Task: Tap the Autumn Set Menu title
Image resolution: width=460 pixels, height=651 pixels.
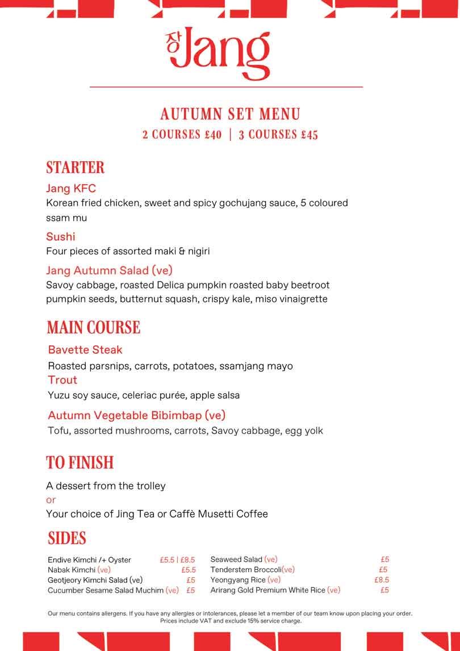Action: (230, 114)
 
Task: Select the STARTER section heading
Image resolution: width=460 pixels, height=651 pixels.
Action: (75, 168)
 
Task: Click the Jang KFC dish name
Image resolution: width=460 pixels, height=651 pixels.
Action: (71, 189)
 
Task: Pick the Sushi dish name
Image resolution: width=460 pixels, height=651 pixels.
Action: (60, 236)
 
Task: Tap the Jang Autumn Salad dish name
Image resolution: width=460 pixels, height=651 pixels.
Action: (109, 270)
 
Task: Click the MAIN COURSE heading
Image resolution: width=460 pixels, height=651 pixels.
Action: (93, 328)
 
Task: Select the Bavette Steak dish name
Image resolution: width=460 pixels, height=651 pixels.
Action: (85, 349)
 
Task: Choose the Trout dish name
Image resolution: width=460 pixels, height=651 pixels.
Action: (62, 379)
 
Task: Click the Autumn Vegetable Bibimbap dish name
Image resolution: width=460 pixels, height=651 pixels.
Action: (137, 415)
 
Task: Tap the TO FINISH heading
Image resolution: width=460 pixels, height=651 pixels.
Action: (80, 463)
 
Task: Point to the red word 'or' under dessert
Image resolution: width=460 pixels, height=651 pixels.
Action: (51, 500)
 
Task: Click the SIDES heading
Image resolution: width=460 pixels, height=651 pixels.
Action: (67, 538)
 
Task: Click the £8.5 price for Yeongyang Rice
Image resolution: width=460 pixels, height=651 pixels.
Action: (382, 580)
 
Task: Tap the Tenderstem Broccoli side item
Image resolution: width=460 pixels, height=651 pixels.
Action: (252, 570)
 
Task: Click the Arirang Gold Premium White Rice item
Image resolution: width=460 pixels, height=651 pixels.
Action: (275, 590)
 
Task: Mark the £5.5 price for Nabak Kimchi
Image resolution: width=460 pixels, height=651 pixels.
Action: (189, 570)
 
